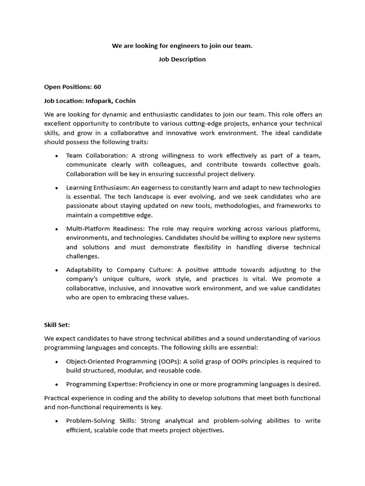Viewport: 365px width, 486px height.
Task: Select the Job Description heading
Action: point(182,59)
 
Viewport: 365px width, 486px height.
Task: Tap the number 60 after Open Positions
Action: point(97,87)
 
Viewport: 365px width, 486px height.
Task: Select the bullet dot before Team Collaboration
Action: point(57,156)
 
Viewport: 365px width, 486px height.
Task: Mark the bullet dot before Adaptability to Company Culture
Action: point(57,270)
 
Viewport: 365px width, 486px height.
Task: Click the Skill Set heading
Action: point(57,325)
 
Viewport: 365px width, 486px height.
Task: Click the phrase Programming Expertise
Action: point(98,384)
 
